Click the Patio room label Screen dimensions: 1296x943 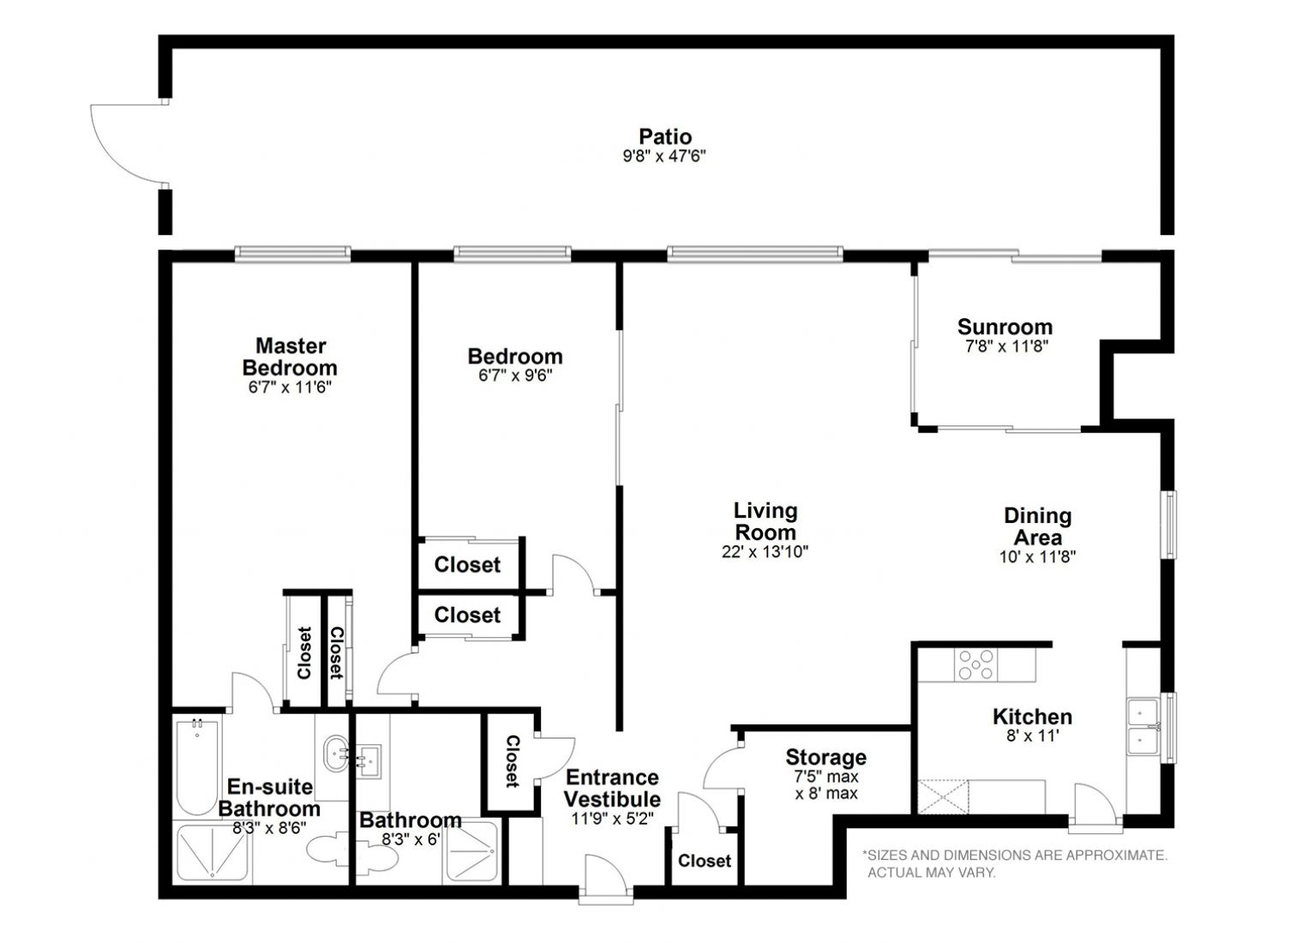[x=665, y=136]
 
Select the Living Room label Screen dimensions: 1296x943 [x=765, y=521]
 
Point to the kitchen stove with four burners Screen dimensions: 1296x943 [x=975, y=664]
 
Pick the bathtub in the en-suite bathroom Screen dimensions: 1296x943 [x=197, y=767]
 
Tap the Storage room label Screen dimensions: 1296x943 [x=825, y=757]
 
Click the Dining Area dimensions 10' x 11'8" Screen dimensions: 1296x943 [x=1037, y=556]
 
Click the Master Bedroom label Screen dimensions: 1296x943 [x=290, y=357]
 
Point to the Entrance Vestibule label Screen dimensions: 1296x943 [x=612, y=788]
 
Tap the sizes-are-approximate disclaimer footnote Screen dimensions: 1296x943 [x=1014, y=864]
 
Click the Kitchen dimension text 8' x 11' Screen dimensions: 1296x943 [x=1032, y=736]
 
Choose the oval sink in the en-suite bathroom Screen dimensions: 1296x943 [x=336, y=753]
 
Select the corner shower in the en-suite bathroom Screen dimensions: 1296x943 [x=212, y=851]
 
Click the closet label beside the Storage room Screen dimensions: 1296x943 [x=704, y=861]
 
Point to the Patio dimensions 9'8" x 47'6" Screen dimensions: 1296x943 [x=664, y=156]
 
